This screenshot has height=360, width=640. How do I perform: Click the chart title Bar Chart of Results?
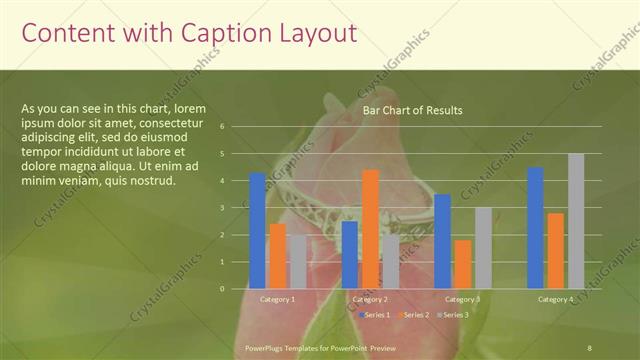click(412, 110)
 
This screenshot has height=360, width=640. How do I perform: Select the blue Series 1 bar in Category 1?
click(258, 230)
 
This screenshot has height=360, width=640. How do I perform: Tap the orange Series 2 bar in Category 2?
click(370, 229)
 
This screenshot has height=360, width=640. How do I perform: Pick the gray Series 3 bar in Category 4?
click(576, 221)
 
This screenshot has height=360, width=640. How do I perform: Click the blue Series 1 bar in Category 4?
click(535, 227)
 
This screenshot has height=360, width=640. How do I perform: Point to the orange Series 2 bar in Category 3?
click(463, 264)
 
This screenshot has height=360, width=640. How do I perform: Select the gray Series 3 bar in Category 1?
click(298, 261)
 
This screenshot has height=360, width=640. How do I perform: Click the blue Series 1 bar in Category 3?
click(442, 241)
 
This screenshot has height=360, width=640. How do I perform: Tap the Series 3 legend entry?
click(454, 314)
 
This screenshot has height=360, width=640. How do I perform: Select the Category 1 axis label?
click(277, 299)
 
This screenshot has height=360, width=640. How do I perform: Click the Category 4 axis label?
click(555, 299)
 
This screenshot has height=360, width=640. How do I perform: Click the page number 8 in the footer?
click(590, 347)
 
